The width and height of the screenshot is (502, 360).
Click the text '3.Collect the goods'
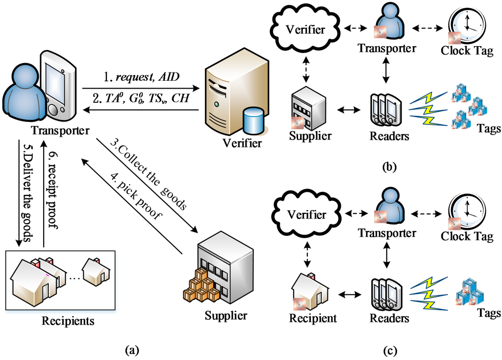pyautogui.click(x=152, y=178)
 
